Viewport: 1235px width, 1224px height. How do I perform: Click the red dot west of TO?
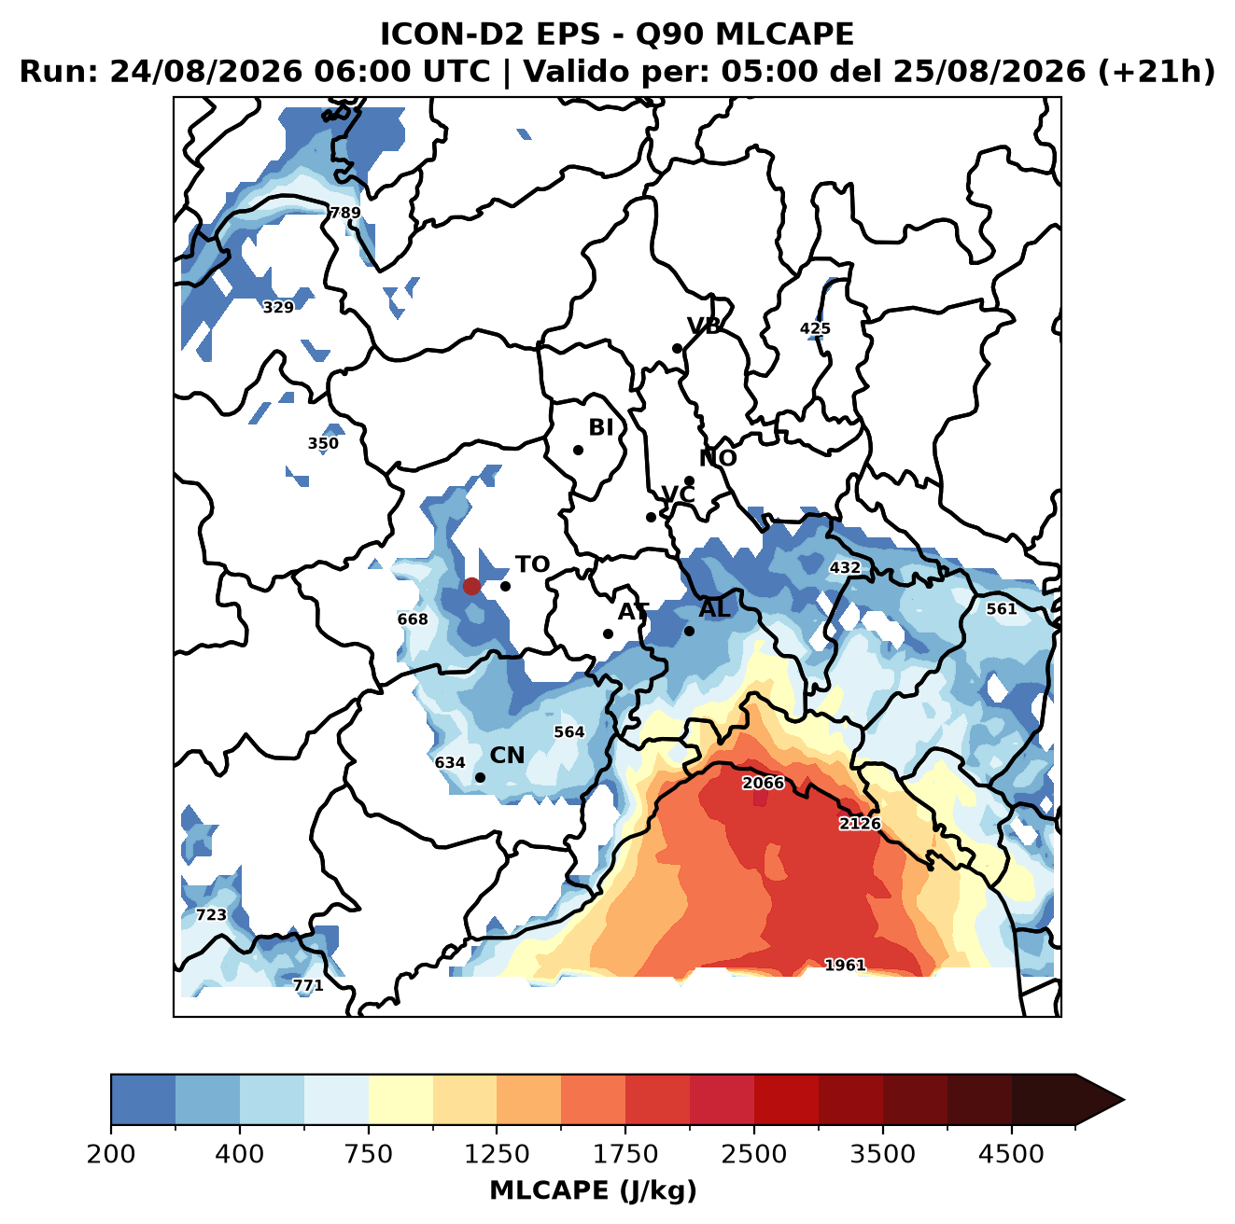[x=471, y=586]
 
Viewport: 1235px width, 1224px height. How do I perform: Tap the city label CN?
[x=507, y=756]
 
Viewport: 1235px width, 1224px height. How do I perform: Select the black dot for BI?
[x=578, y=451]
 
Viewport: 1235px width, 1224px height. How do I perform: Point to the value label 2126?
[x=860, y=823]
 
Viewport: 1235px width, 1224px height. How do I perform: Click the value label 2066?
[x=763, y=783]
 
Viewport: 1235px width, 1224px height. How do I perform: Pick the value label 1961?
[x=845, y=965]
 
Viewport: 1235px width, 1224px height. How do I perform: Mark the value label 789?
[x=344, y=213]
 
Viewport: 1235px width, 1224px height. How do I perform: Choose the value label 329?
[x=278, y=308]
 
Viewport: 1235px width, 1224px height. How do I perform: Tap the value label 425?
[x=815, y=328]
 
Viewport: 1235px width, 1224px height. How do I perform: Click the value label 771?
[x=308, y=985]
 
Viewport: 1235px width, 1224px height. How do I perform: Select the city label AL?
[x=715, y=608]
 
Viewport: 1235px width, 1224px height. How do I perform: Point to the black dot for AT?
[x=608, y=634]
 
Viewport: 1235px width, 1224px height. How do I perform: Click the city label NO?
[x=718, y=458]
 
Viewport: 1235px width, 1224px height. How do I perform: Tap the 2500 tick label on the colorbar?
[x=753, y=1154]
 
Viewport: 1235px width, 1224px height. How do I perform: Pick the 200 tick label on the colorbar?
[x=111, y=1154]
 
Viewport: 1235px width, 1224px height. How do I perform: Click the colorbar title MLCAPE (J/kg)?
[x=593, y=1190]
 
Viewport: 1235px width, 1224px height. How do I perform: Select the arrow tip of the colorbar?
[x=1124, y=1100]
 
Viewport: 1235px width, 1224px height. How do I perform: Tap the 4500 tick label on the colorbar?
[x=1011, y=1154]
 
